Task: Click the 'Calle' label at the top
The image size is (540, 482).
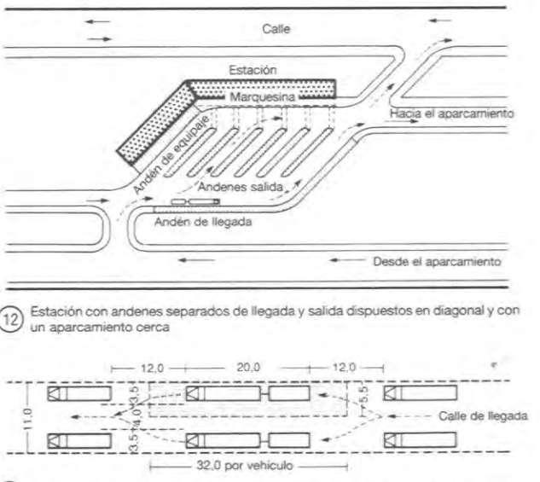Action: (276, 28)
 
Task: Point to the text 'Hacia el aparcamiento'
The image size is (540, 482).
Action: (451, 113)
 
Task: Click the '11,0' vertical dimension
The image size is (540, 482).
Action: (26, 416)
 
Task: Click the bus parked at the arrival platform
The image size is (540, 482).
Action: (195, 202)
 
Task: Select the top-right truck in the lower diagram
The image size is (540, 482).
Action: (420, 393)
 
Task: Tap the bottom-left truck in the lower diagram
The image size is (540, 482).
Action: (79, 440)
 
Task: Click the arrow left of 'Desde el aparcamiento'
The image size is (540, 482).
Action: (345, 261)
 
